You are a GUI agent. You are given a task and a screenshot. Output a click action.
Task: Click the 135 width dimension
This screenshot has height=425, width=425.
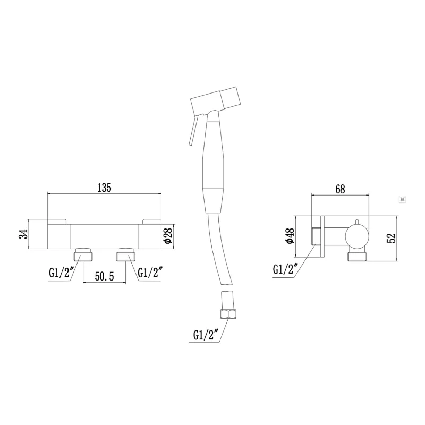[x=104, y=188]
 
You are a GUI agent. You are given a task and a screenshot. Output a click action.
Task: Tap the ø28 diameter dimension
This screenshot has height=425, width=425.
[x=168, y=235]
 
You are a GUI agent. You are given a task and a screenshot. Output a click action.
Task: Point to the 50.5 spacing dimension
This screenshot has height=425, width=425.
[x=104, y=276]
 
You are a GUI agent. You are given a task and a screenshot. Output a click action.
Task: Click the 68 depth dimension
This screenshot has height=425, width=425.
[x=340, y=189]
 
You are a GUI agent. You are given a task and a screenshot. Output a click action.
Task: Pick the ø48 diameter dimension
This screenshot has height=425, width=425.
[x=290, y=236]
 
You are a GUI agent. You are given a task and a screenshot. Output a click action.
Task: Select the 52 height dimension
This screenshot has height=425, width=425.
[x=392, y=238]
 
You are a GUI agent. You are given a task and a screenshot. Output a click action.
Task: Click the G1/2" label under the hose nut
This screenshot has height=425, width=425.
[x=206, y=335]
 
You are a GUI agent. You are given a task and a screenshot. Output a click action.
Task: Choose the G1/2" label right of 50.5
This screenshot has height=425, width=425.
[x=150, y=273]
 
